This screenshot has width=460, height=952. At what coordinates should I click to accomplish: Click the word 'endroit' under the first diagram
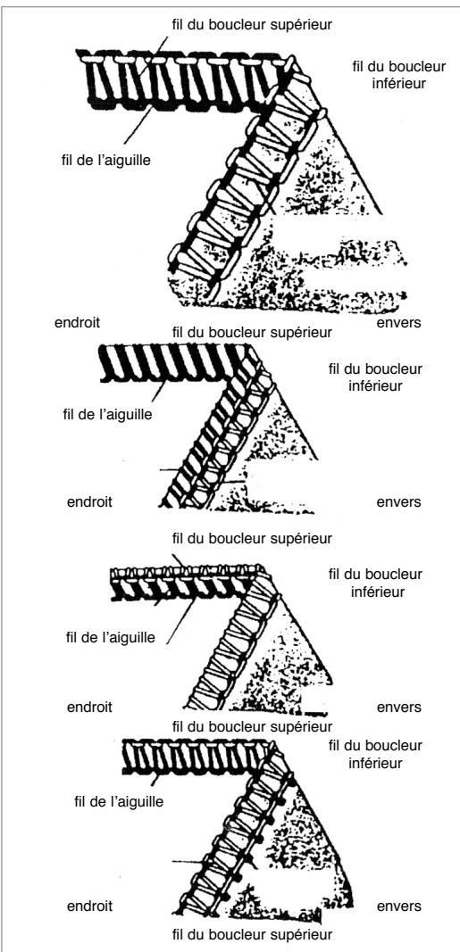78,321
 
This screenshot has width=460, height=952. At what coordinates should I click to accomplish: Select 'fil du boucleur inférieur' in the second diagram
374,376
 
